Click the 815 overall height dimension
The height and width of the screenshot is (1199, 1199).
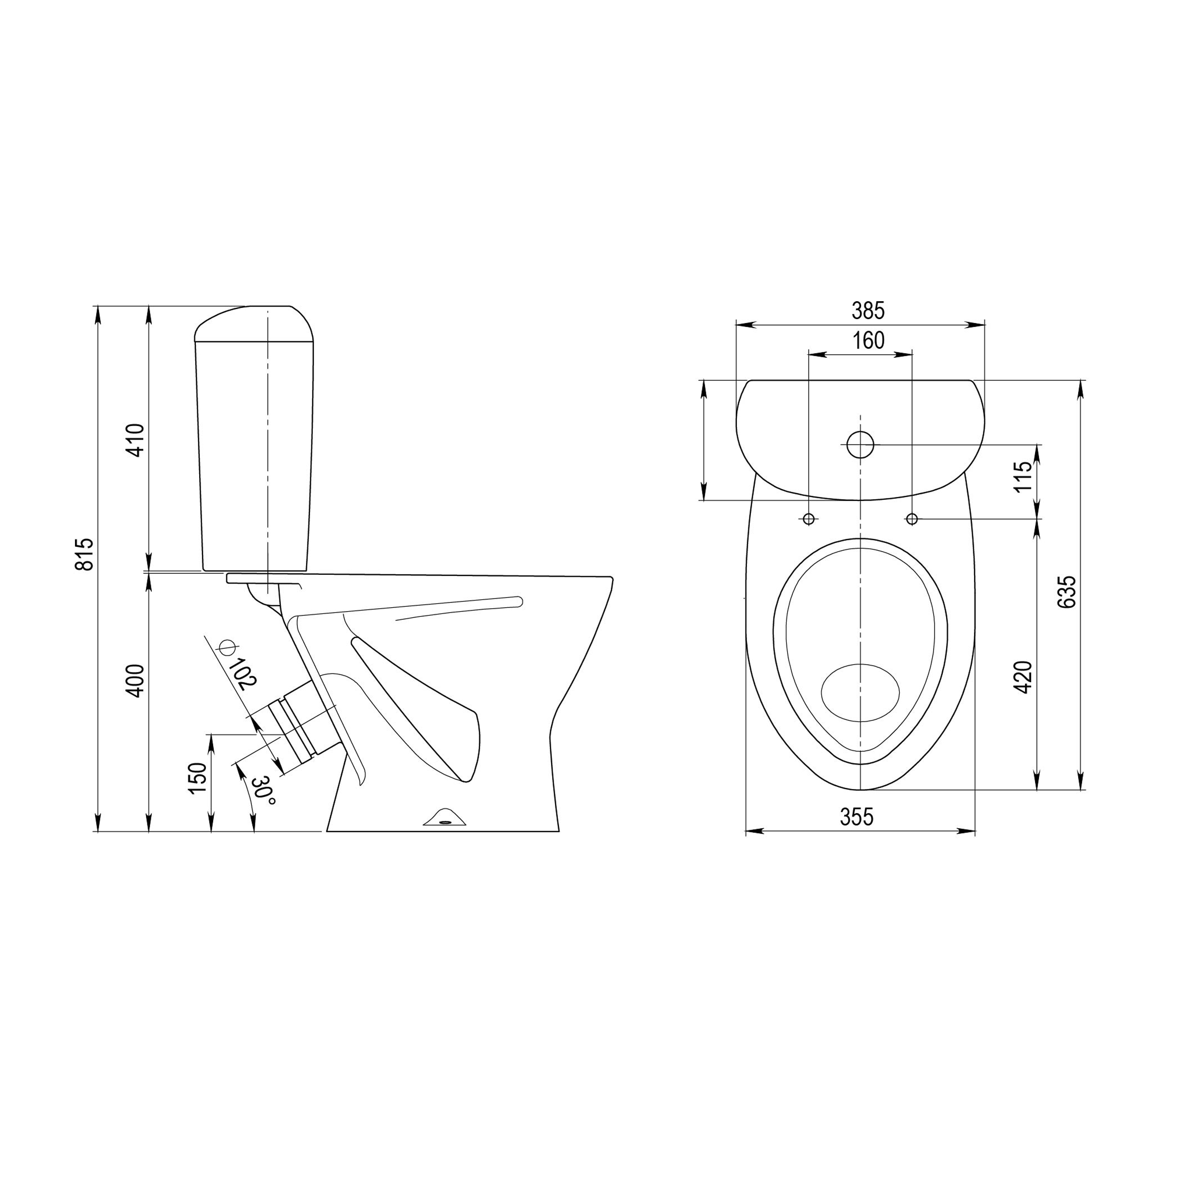pos(85,554)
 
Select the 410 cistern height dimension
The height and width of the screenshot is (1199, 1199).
pos(135,440)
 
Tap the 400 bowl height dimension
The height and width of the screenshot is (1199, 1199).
pos(135,681)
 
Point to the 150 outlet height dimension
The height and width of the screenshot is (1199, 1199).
pos(197,778)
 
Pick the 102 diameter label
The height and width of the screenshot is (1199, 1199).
pos(243,673)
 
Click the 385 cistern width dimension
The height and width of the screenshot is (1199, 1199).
pos(868,310)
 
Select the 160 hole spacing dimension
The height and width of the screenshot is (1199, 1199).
pos(868,341)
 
